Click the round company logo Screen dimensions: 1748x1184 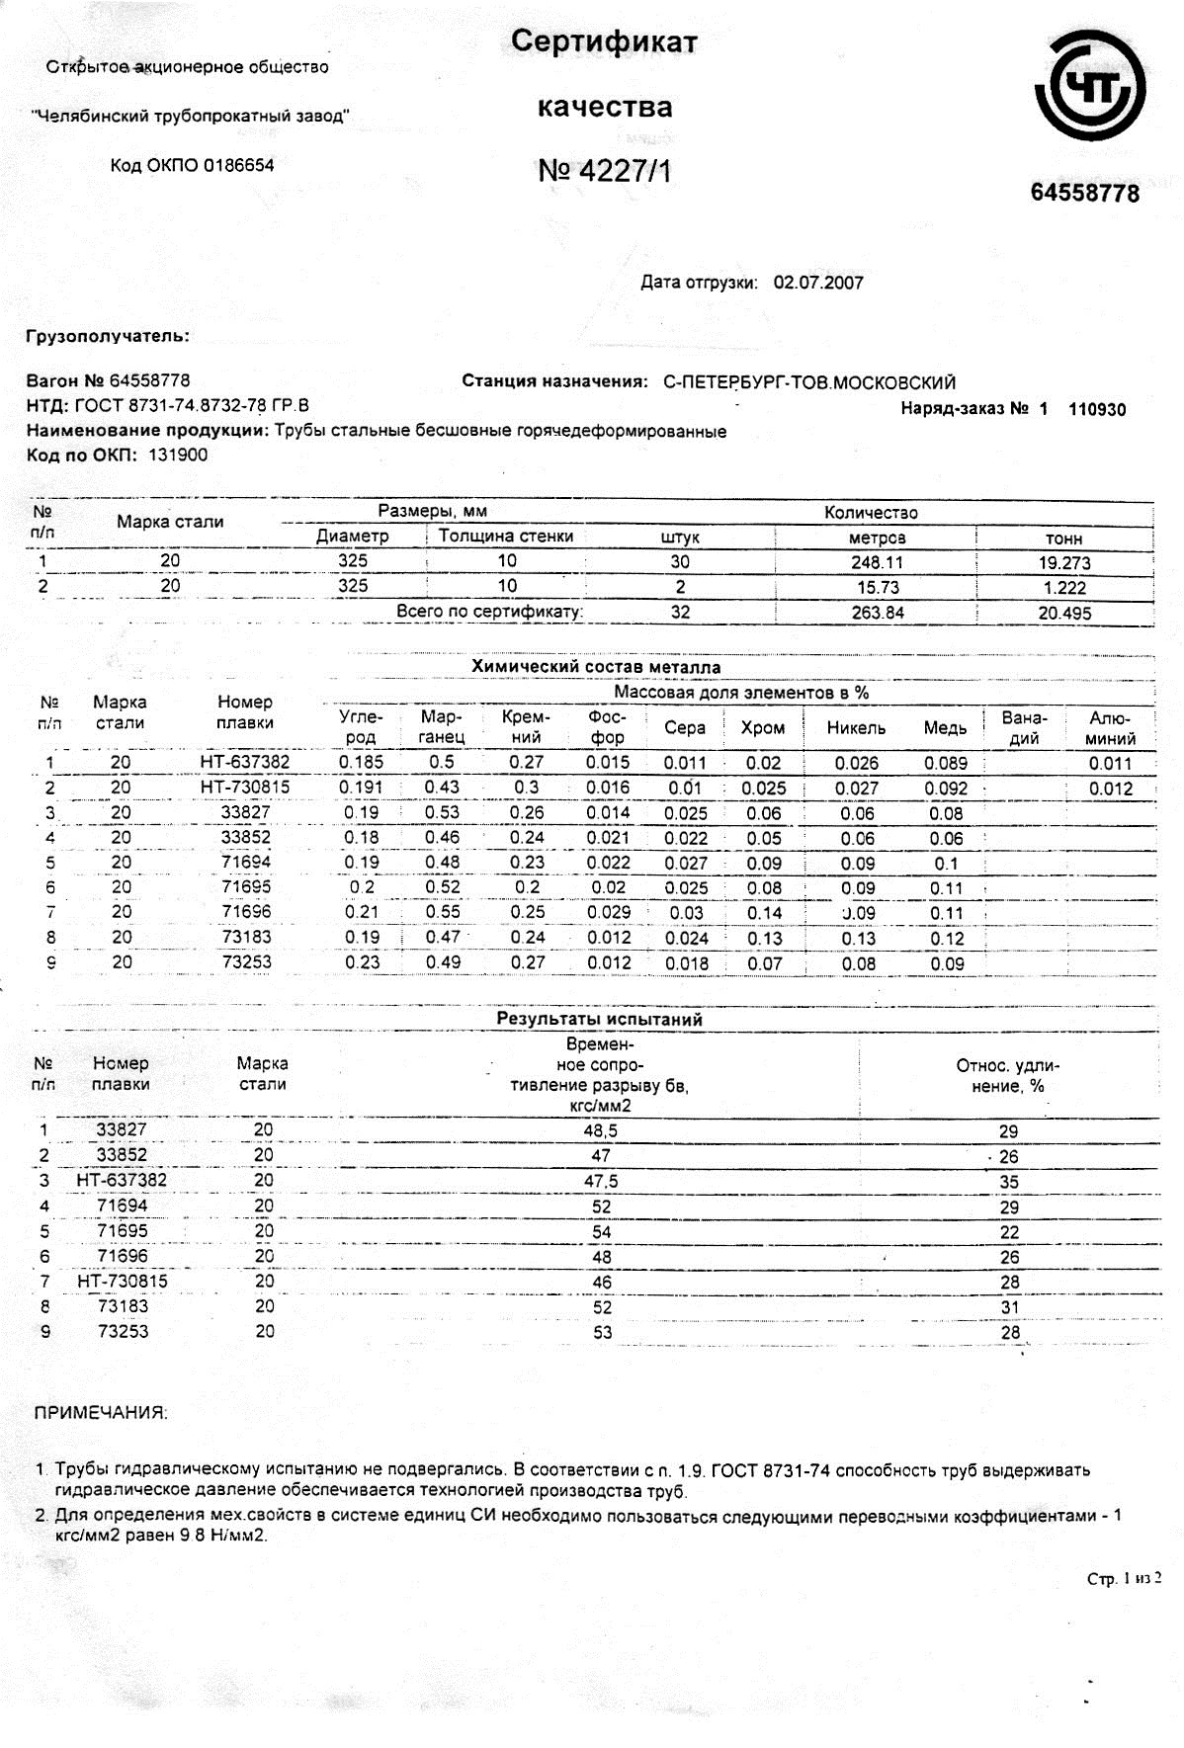pos(1090,87)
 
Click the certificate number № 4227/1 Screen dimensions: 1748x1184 pos(604,171)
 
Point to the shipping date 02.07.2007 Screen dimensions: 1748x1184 pos(818,283)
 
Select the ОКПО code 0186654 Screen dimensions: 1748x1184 pos(238,165)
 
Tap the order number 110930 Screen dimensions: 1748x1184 pos(1097,409)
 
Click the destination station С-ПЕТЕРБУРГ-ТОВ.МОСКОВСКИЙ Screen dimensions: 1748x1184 pos(809,382)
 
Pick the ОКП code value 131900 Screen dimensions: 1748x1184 pos(178,456)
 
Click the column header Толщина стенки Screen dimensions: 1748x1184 pos(506,536)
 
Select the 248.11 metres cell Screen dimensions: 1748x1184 pos(878,562)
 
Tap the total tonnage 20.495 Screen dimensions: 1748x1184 pos(1064,613)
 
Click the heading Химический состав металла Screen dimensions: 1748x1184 pos(595,667)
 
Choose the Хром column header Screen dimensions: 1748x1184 pos(762,728)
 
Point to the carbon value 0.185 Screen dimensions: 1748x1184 pos(361,762)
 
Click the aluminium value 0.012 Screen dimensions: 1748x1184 pos(1111,789)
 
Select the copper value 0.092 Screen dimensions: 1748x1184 pos(946,789)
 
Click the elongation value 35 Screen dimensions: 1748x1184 pos(1009,1182)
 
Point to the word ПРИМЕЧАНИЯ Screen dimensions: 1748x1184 pos(101,1413)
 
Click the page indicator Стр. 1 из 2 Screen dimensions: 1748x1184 pos(1124,1579)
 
